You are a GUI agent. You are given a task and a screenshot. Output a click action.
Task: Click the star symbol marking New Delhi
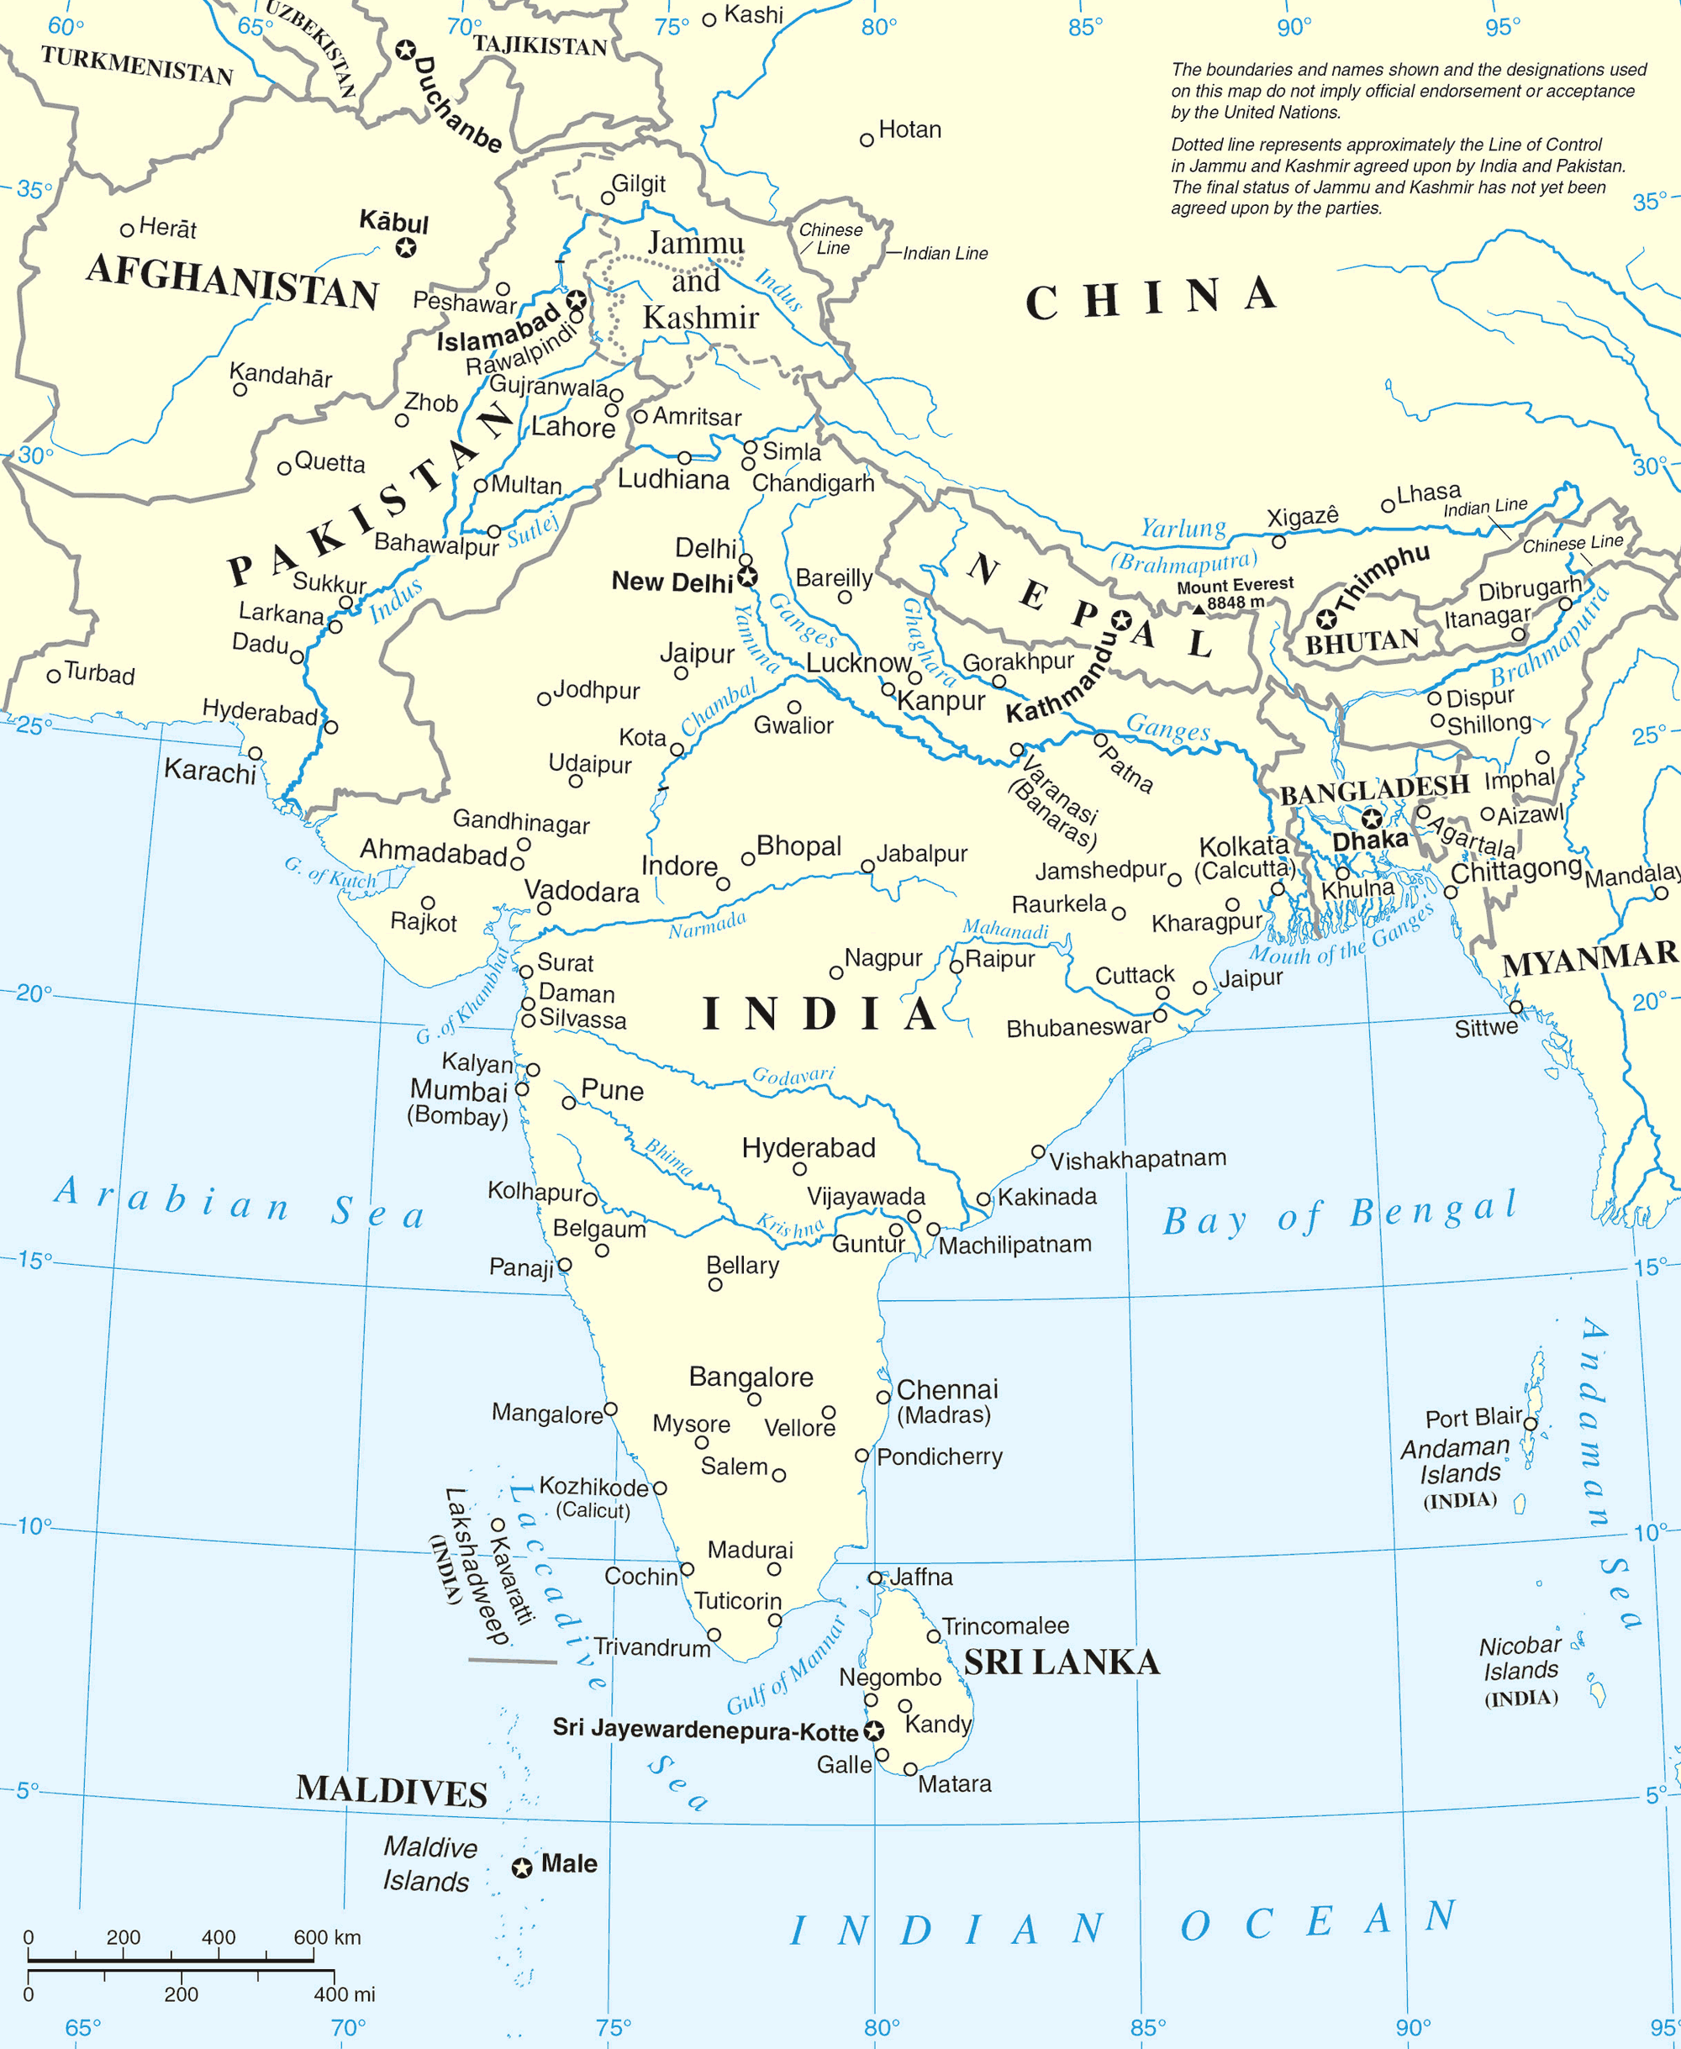pos(746,578)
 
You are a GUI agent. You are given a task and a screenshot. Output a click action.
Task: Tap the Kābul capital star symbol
pos(406,248)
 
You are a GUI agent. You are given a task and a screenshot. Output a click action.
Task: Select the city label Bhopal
pos(798,845)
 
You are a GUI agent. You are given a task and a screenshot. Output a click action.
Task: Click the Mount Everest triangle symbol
pos(1199,608)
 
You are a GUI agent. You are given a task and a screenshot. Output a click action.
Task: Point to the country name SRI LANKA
pos(1062,1662)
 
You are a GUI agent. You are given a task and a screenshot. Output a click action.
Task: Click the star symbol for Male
pos(522,1867)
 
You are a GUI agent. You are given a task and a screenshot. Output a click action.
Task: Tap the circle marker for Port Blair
pos(1530,1424)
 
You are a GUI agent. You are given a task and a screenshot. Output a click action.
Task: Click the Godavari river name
pos(793,1076)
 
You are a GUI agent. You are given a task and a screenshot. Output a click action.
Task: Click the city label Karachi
pos(210,771)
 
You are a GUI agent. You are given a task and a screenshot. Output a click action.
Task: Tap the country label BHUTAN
pos(1362,641)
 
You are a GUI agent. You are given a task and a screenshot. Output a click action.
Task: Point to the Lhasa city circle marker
pos(1388,505)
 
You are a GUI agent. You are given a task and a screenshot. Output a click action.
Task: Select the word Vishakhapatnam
pos(1138,1159)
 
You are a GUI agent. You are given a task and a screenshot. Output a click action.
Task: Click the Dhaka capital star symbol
pos(1371,819)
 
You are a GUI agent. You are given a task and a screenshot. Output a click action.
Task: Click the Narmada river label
pos(707,924)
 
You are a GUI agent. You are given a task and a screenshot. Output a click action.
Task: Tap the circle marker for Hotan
pos(867,140)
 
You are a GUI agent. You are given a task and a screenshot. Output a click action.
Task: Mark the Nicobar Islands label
pos(1520,1658)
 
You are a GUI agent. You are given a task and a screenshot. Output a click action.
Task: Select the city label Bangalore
pos(751,1377)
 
